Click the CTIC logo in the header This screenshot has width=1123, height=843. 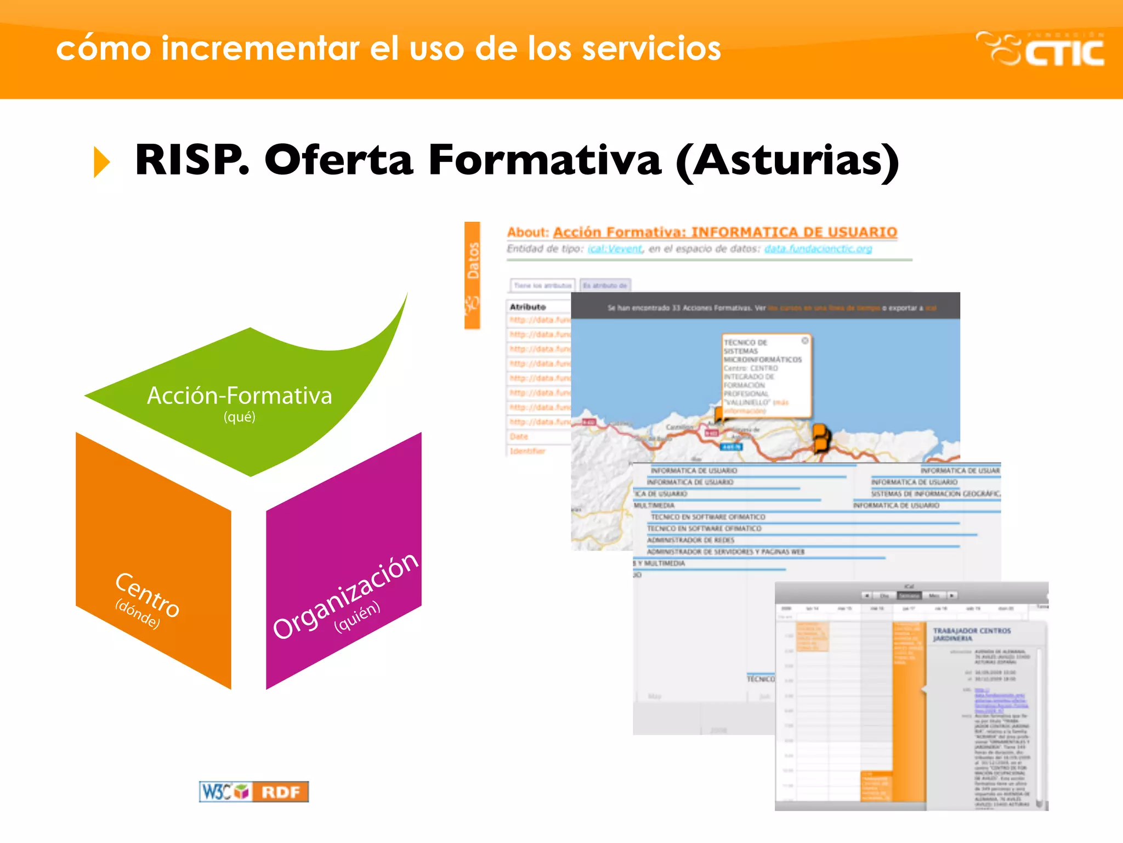click(x=1040, y=49)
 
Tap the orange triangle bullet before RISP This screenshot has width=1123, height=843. click(x=101, y=162)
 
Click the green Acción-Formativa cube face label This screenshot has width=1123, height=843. click(x=240, y=396)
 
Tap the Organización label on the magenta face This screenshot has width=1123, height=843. click(x=345, y=595)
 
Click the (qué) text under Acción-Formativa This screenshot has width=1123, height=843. click(x=239, y=417)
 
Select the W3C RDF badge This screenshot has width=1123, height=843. click(x=253, y=791)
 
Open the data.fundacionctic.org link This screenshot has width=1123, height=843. click(x=818, y=249)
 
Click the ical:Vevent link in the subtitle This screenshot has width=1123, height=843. click(x=615, y=249)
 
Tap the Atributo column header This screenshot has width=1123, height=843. click(x=528, y=307)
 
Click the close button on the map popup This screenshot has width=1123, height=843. click(x=805, y=341)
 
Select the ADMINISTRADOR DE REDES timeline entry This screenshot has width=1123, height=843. click(x=690, y=540)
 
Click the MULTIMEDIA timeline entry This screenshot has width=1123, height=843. click(x=654, y=505)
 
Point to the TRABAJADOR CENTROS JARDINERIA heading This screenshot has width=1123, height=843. click(x=972, y=634)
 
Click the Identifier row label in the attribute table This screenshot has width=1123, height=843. click(x=528, y=451)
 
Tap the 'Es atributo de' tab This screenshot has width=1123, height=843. click(x=605, y=285)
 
